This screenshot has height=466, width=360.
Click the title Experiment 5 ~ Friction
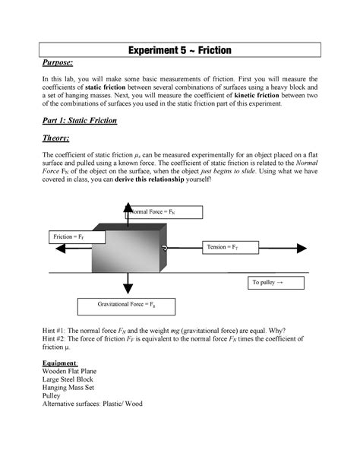[180, 51]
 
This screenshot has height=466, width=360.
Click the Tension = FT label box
[231, 247]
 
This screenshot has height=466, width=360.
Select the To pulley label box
[277, 283]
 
